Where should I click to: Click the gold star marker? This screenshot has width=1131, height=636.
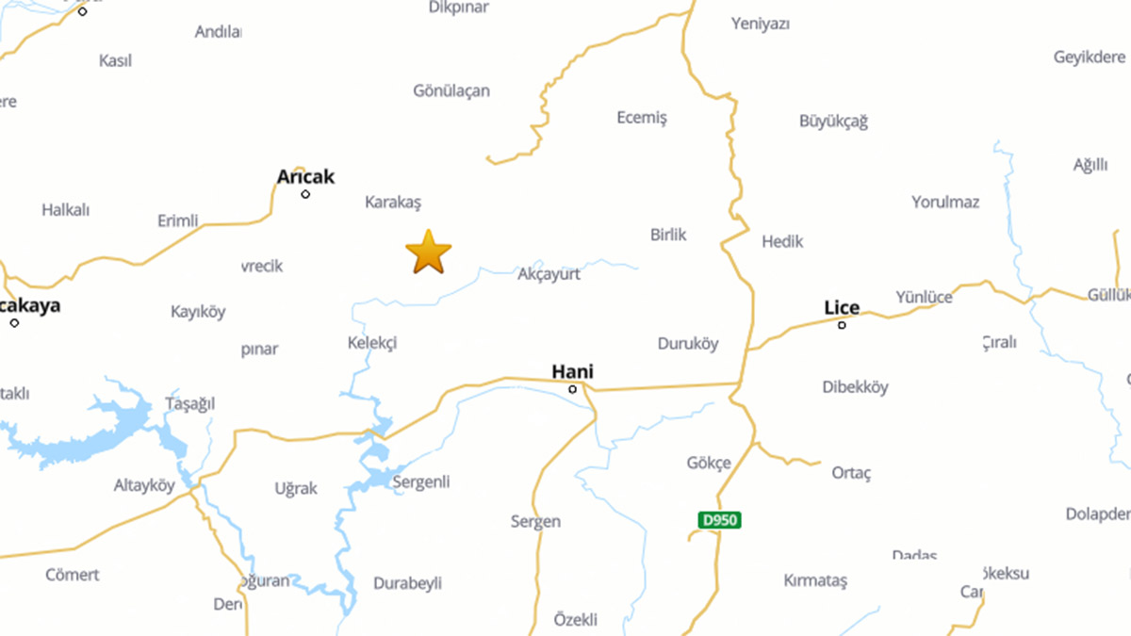pyautogui.click(x=429, y=252)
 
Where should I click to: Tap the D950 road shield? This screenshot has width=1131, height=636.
pyautogui.click(x=719, y=519)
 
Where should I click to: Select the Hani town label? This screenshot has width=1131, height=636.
pyautogui.click(x=572, y=371)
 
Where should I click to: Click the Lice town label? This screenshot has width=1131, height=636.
pyautogui.click(x=842, y=307)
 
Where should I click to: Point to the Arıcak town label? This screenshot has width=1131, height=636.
pyautogui.click(x=305, y=177)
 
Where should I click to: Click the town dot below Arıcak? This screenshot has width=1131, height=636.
pyautogui.click(x=305, y=194)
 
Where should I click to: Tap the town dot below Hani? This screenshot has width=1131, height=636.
pyautogui.click(x=572, y=389)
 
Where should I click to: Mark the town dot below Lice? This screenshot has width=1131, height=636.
pyautogui.click(x=842, y=325)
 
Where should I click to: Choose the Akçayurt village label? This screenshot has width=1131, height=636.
pyautogui.click(x=549, y=274)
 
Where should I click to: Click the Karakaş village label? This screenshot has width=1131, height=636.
pyautogui.click(x=393, y=202)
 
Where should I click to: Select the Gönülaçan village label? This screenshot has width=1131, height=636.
pyautogui.click(x=451, y=91)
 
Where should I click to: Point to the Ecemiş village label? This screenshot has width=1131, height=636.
pyautogui.click(x=642, y=118)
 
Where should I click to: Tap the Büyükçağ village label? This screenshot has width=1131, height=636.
pyautogui.click(x=833, y=121)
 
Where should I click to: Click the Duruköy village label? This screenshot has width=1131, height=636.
pyautogui.click(x=687, y=344)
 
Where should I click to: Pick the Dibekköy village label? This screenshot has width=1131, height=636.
pyautogui.click(x=855, y=386)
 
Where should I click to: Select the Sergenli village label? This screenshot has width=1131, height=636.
pyautogui.click(x=421, y=482)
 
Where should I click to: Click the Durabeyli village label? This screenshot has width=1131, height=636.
pyautogui.click(x=408, y=583)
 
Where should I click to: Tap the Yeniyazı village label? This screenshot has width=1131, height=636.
pyautogui.click(x=761, y=24)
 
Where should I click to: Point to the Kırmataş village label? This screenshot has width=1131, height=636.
pyautogui.click(x=815, y=580)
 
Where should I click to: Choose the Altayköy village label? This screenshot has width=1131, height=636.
pyautogui.click(x=144, y=486)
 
